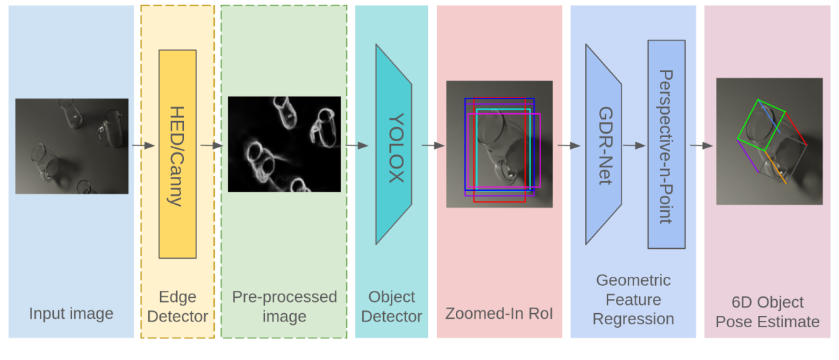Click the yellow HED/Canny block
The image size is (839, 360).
(178, 154)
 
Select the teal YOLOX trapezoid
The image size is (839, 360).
(393, 145)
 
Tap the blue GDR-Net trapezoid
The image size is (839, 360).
(603, 145)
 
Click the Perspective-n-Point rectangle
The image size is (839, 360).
(666, 145)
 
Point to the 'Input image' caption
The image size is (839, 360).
(71, 313)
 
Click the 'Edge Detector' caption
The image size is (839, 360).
(178, 306)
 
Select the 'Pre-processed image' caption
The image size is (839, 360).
(284, 306)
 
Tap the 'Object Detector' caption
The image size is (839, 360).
(391, 306)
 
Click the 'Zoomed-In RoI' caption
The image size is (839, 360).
(499, 314)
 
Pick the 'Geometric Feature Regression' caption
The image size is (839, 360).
(633, 299)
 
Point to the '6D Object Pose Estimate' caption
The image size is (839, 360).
(768, 312)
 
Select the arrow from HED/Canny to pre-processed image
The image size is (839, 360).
(211, 145)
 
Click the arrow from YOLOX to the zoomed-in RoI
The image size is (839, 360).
(433, 145)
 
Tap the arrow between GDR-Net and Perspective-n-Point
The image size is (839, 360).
(634, 145)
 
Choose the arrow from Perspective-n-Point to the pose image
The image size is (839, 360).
(701, 145)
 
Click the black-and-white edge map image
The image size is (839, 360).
(284, 144)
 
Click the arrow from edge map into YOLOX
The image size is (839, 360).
(357, 145)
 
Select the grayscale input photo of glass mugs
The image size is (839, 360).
(71, 145)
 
